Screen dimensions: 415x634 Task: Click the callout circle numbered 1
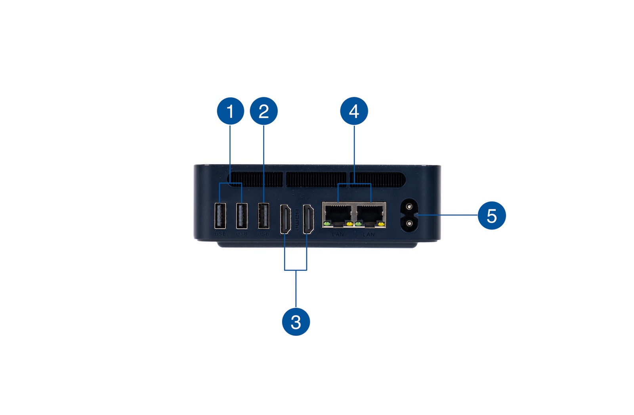(230, 111)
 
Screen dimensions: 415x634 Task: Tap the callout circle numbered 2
(264, 111)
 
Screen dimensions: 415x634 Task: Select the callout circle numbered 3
(296, 322)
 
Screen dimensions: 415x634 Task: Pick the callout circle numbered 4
(354, 111)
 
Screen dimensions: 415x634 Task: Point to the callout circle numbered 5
(491, 216)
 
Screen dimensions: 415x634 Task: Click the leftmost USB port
(220, 216)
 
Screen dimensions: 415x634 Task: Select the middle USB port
(242, 216)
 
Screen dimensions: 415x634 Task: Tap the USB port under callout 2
(264, 216)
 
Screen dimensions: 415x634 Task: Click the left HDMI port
(285, 219)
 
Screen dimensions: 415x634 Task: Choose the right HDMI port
(308, 219)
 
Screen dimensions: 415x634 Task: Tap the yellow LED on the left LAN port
(349, 224)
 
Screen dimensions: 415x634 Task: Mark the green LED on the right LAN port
(359, 224)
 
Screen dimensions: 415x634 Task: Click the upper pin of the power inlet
(409, 207)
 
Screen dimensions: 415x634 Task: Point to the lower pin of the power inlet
(409, 224)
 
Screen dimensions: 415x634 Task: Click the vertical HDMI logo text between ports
(297, 220)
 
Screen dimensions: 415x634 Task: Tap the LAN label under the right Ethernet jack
(369, 235)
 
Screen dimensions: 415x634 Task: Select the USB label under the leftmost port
(220, 234)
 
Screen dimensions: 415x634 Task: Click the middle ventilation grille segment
(316, 180)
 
